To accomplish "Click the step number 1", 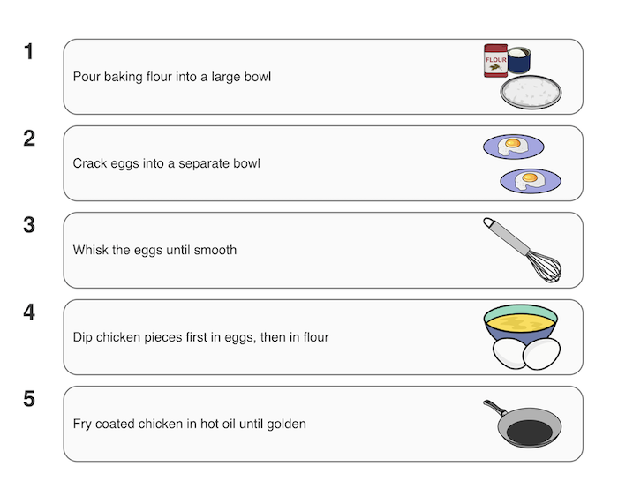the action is point(29,51).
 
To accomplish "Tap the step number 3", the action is point(29,225).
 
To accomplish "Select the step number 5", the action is point(29,399).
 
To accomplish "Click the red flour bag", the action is point(495,60).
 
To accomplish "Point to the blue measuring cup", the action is point(519,60).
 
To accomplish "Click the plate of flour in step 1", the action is point(531,92).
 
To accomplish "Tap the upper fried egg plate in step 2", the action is point(514,147).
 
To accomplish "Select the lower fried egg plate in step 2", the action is point(531,181).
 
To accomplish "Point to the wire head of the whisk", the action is point(545,267).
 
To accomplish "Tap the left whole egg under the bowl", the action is point(510,353).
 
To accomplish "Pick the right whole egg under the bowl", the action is point(541,354).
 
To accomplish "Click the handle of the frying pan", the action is point(495,408).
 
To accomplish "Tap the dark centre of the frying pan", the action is point(530,432).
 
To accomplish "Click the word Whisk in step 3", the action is point(91,250).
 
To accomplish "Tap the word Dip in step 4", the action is point(83,337).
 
